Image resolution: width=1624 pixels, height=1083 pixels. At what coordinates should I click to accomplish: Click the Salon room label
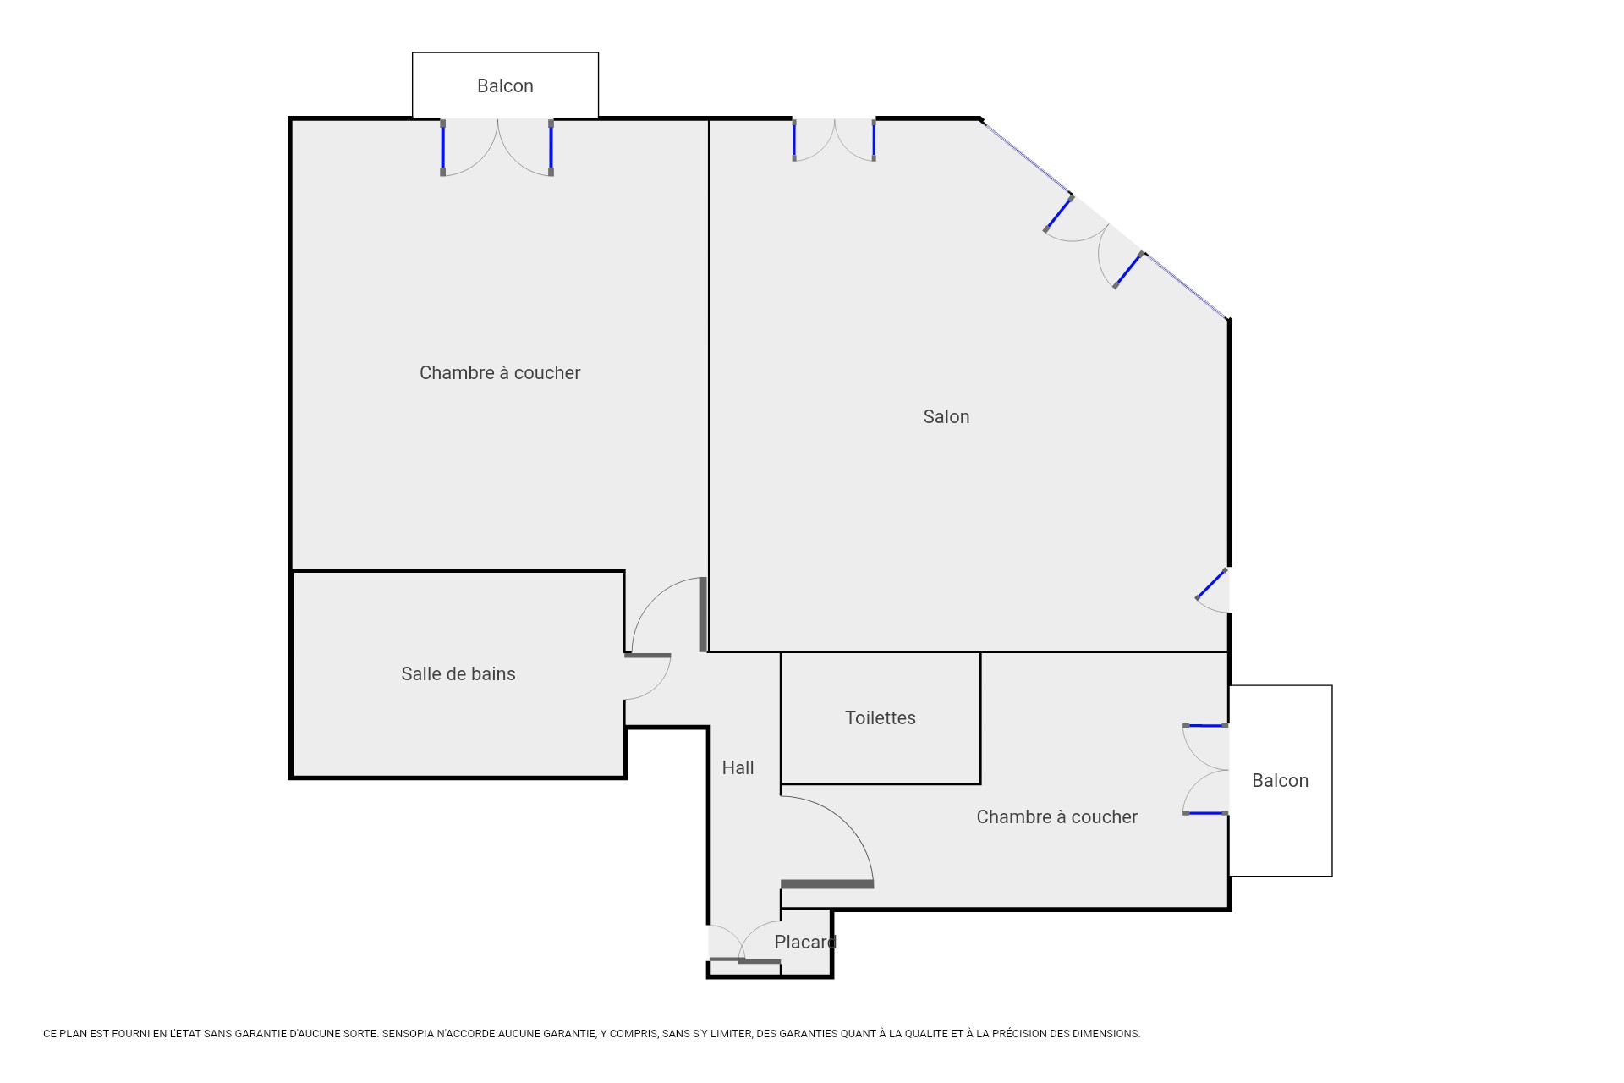(x=946, y=416)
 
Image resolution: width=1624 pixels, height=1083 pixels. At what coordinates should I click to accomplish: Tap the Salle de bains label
(x=458, y=673)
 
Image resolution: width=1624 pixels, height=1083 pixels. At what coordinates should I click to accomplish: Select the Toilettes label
(x=880, y=717)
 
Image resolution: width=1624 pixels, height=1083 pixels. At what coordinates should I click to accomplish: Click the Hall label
(x=738, y=767)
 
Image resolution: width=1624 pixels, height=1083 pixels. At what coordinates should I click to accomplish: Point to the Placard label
(x=804, y=942)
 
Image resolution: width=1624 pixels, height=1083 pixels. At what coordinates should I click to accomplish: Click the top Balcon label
(x=505, y=85)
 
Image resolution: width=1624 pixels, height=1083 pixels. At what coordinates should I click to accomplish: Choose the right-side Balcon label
(x=1280, y=780)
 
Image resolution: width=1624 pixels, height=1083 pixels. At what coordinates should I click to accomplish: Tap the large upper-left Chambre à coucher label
(x=500, y=372)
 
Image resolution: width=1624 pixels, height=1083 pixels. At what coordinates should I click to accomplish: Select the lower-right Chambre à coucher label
(x=1056, y=816)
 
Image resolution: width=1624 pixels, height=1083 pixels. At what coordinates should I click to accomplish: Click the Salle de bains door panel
(x=648, y=655)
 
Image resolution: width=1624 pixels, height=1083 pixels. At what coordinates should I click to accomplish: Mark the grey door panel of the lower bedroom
(x=827, y=884)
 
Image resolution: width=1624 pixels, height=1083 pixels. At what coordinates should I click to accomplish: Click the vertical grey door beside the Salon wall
(x=703, y=614)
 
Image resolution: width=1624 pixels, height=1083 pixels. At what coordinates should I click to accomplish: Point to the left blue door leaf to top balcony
(x=442, y=148)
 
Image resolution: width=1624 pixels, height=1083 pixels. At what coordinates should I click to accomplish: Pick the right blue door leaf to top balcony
(x=551, y=148)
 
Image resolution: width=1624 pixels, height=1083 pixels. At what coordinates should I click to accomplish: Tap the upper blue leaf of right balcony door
(x=1205, y=725)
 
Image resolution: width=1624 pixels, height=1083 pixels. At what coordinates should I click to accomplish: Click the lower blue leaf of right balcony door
(x=1205, y=813)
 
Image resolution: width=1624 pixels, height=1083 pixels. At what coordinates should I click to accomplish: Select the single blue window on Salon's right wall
(x=1211, y=584)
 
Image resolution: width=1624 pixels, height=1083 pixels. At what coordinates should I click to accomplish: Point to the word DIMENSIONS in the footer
(x=1106, y=1034)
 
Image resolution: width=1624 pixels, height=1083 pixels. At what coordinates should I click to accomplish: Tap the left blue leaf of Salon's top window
(x=794, y=140)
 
